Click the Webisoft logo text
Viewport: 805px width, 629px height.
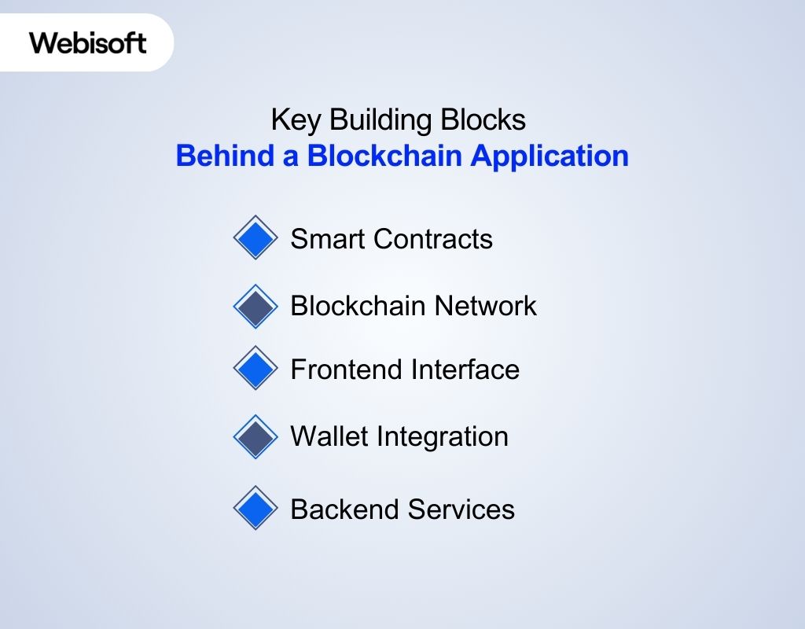pos(88,42)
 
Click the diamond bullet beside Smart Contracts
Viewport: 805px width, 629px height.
pos(255,237)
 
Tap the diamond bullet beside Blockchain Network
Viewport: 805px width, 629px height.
pos(255,306)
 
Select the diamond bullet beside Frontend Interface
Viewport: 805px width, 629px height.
pos(255,368)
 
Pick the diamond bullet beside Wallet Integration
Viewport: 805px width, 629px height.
pos(255,436)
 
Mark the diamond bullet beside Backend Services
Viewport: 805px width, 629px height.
pos(255,508)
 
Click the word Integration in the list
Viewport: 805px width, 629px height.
pos(443,437)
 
